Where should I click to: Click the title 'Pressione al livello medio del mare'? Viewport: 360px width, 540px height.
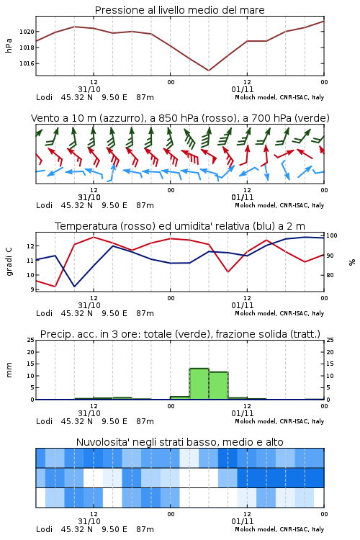179,10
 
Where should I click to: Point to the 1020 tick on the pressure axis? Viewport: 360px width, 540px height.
27,32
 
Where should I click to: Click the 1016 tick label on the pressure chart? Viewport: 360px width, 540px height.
27,63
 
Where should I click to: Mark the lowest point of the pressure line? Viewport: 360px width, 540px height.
209,71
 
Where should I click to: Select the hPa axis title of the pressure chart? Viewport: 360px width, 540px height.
9,45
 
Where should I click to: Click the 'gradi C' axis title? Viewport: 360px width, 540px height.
9,262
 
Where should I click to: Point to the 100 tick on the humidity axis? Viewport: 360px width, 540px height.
332,235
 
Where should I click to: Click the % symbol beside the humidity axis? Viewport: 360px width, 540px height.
352,262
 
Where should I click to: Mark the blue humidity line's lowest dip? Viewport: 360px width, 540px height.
74,286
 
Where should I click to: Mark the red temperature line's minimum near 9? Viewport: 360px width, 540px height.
55,286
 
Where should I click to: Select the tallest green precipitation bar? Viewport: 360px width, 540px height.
199,384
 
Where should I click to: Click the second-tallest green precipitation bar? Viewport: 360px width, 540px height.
218,385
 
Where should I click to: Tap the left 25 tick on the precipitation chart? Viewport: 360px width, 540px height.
31,340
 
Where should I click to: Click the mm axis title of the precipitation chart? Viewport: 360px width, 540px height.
9,370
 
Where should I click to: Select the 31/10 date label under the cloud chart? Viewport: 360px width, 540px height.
89,521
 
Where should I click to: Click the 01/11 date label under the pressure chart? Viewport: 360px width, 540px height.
243,89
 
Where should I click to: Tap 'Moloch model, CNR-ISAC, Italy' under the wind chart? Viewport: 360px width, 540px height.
279,205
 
